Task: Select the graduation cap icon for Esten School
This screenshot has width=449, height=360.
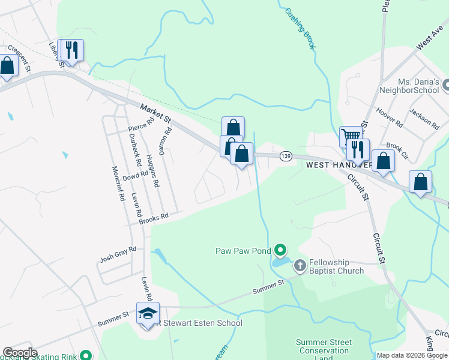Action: click(x=148, y=313)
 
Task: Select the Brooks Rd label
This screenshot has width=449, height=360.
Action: click(x=154, y=218)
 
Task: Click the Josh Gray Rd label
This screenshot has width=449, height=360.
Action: click(x=118, y=256)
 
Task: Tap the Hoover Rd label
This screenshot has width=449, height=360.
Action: click(x=390, y=117)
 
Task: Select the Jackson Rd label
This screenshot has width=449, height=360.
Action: click(x=424, y=117)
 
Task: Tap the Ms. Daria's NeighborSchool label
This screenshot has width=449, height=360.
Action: click(x=411, y=86)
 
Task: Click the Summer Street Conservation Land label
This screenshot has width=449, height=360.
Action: click(x=322, y=350)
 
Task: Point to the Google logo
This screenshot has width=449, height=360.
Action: click(x=20, y=352)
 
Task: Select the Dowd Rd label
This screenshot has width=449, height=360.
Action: click(x=135, y=176)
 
